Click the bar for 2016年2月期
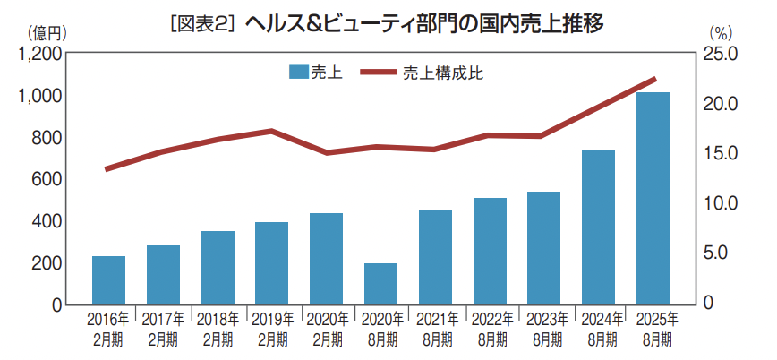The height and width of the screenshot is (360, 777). click(x=108, y=280)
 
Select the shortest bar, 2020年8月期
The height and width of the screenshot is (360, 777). click(x=380, y=284)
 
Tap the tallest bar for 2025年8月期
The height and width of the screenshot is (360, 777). click(x=653, y=198)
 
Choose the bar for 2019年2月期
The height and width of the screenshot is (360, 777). click(x=271, y=263)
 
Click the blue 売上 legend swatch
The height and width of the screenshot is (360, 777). click(x=299, y=73)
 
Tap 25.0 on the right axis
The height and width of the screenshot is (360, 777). click(x=721, y=54)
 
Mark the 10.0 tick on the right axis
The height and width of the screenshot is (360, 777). click(x=721, y=203)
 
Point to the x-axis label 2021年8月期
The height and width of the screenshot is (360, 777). click(x=435, y=329)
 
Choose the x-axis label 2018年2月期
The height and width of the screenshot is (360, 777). click(x=218, y=329)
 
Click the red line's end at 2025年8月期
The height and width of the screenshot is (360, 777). click(x=655, y=80)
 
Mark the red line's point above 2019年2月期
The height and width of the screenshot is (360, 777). click(x=271, y=131)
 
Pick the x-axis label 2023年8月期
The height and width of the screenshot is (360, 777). click(x=543, y=329)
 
